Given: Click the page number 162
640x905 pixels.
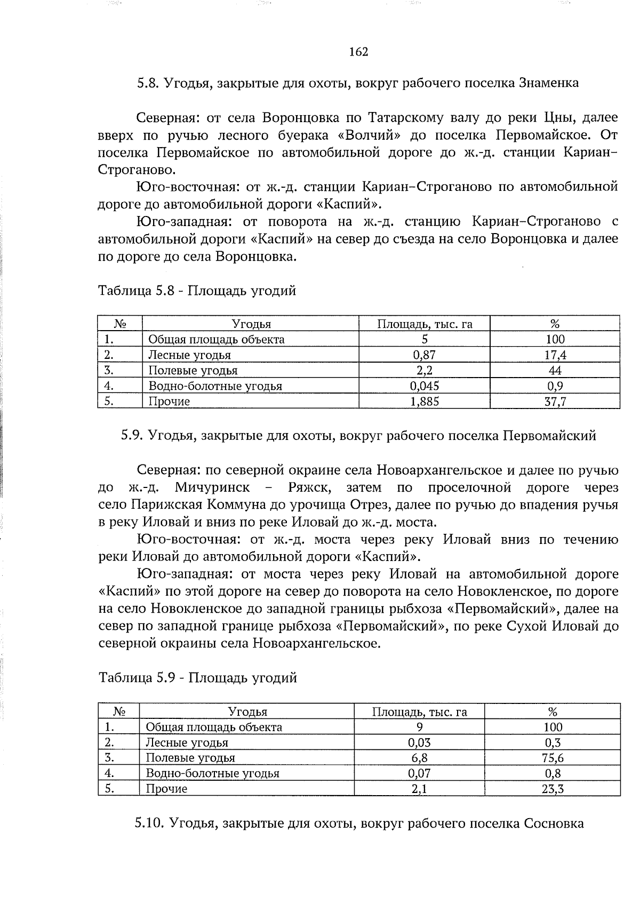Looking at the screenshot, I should pyautogui.click(x=358, y=52).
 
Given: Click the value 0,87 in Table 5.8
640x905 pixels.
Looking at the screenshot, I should pyautogui.click(x=425, y=355).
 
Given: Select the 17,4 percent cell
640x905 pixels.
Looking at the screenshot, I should pyautogui.click(x=555, y=355).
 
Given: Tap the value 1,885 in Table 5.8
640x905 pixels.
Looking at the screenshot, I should pyautogui.click(x=425, y=401).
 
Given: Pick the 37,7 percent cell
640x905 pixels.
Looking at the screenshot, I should pyautogui.click(x=555, y=401).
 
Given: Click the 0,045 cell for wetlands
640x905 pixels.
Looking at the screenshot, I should pyautogui.click(x=425, y=386).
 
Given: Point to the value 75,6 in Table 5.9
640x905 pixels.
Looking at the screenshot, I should pyautogui.click(x=553, y=758).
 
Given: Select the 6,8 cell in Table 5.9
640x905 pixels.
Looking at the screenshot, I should pyautogui.click(x=419, y=758).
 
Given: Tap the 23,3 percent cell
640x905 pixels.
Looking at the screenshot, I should pyautogui.click(x=553, y=789).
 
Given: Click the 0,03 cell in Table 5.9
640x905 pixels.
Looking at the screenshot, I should pyautogui.click(x=419, y=742).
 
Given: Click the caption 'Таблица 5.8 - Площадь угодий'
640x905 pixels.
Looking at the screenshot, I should pyautogui.click(x=197, y=291).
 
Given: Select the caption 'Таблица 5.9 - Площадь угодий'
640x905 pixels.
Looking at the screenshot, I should pyautogui.click(x=197, y=678).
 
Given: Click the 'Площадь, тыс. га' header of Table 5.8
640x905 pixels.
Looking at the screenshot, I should pyautogui.click(x=425, y=324).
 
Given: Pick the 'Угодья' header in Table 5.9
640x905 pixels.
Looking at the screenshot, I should pyautogui.click(x=247, y=711).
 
